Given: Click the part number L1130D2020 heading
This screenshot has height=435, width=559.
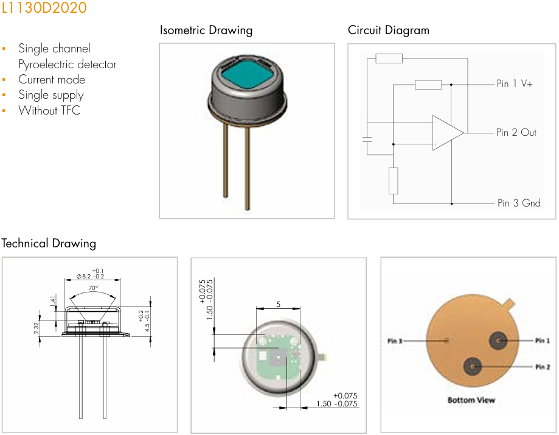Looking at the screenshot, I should point(44,8).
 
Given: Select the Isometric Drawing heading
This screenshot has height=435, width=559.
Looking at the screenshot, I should point(206,30).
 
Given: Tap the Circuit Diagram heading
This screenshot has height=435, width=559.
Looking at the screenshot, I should point(388,30).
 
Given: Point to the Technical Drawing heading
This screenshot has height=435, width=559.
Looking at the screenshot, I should point(49,243).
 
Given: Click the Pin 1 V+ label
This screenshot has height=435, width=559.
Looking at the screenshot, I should point(514,84).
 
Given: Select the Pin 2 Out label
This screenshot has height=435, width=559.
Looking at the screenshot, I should point(516,132).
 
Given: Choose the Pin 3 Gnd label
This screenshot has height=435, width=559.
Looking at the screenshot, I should point(518,203).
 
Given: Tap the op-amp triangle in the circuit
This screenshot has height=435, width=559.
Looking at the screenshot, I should point(446,132).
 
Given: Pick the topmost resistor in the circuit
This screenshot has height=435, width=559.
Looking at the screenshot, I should point(389,58).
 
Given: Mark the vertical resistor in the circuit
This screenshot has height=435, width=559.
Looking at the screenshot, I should point(394,180).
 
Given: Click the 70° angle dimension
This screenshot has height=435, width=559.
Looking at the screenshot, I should point(93,288).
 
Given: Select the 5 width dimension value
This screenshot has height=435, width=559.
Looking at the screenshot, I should point(278,303).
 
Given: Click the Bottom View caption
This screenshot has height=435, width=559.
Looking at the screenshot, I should point(471,400).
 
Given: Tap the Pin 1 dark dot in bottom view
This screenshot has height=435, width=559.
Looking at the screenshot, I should point(499,341).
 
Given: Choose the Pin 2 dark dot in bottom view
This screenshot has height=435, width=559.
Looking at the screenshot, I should point(473,367).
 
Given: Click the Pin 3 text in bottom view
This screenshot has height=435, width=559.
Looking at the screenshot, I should point(395,341).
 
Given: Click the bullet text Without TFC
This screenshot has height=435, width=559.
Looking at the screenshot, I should point(49,110).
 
